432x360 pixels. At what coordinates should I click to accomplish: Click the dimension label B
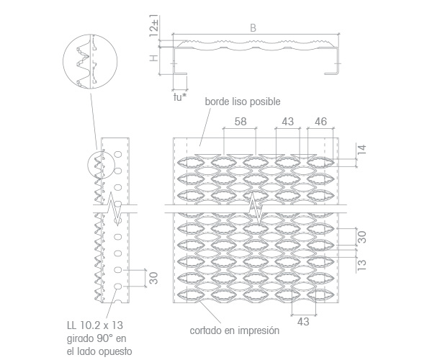(x=253, y=28)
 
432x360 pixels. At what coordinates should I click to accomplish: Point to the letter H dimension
(x=154, y=58)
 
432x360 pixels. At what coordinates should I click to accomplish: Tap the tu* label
(x=179, y=97)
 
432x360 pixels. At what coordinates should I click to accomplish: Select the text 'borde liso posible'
(x=243, y=102)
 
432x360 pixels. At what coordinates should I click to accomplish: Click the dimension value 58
(x=240, y=122)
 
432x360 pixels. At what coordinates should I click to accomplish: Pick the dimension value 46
(x=320, y=122)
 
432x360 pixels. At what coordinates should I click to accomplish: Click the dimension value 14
(x=362, y=150)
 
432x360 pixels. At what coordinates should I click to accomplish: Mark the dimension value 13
(x=362, y=265)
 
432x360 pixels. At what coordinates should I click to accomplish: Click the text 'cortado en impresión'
(x=235, y=330)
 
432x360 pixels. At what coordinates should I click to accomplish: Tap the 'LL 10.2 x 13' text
(x=95, y=325)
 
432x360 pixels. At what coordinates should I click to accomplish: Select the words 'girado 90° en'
(x=96, y=338)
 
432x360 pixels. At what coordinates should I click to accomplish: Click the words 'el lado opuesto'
(x=99, y=351)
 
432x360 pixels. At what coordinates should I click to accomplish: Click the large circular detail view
(x=90, y=61)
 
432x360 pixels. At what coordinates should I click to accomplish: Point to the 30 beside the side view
(x=154, y=278)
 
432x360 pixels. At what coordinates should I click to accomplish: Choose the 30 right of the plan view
(x=362, y=237)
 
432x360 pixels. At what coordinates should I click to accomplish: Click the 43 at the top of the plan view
(x=287, y=122)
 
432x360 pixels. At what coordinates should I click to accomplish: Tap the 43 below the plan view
(x=303, y=321)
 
